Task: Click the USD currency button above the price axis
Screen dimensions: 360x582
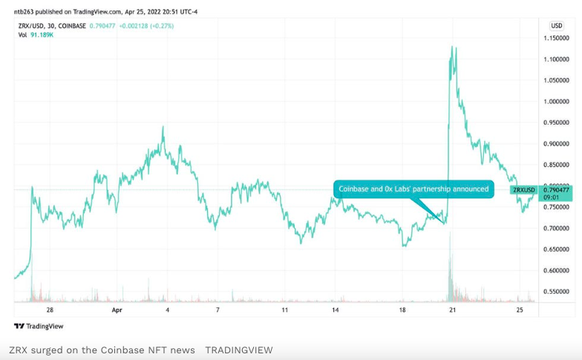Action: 556,26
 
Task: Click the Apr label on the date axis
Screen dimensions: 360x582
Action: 117,310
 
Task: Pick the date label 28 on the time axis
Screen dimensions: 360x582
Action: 50,310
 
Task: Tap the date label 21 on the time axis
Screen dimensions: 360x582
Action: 452,310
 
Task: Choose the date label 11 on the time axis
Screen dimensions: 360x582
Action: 284,310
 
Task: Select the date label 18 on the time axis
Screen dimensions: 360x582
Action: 402,310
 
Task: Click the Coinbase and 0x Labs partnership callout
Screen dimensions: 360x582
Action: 413,189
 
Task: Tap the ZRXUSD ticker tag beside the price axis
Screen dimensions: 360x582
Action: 524,190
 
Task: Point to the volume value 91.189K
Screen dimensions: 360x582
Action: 42,35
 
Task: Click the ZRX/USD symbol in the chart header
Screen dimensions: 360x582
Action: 32,26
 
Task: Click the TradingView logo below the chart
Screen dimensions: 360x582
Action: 39,327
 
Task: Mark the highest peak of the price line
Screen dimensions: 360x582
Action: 452,47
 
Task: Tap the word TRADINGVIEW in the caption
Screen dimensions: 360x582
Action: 238,350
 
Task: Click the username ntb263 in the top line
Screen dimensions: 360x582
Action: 23,11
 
